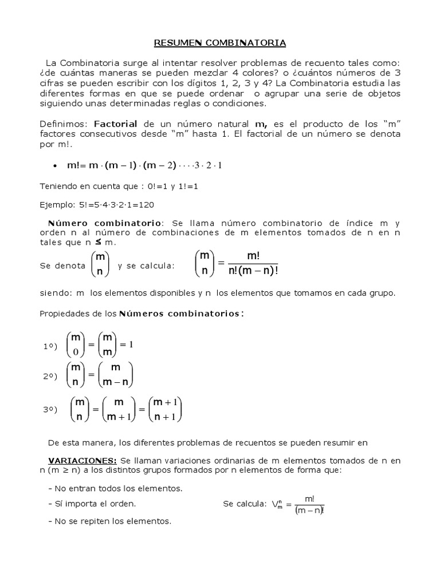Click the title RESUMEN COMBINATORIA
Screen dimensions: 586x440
point(221,43)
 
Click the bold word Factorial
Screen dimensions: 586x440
point(115,124)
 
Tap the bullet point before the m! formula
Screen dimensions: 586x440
point(54,166)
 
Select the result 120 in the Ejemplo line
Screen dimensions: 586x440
point(147,204)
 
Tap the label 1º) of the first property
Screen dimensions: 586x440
point(50,347)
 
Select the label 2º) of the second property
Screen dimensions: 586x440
point(50,375)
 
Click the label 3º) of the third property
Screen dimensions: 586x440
point(50,410)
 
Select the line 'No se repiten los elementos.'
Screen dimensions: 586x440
point(109,521)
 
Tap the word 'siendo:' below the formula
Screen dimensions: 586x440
point(54,293)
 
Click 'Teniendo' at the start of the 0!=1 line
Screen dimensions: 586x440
point(58,187)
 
